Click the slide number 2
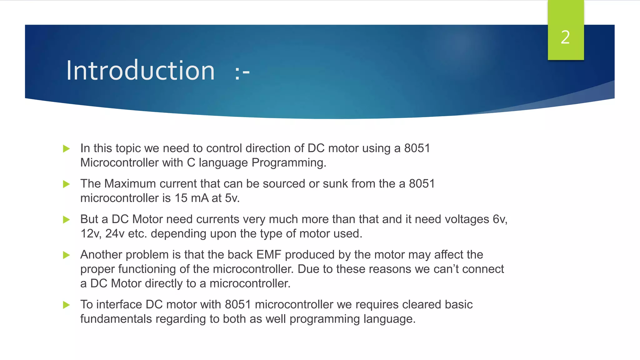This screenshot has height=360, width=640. tap(565, 37)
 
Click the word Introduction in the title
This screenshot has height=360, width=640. tap(140, 71)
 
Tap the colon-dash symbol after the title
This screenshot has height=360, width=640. tap(242, 73)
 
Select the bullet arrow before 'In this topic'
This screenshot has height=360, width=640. tap(66, 148)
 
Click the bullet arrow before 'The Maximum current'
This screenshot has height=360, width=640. tap(66, 184)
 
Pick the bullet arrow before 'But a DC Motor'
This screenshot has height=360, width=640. tap(66, 220)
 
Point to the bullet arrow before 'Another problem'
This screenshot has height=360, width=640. tap(66, 255)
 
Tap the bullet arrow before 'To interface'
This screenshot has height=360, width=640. tap(66, 305)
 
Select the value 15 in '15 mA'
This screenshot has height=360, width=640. tap(181, 198)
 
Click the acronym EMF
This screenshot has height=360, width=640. tap(269, 255)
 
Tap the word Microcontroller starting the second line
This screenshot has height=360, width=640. tap(119, 163)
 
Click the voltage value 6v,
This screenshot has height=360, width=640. tap(500, 219)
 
